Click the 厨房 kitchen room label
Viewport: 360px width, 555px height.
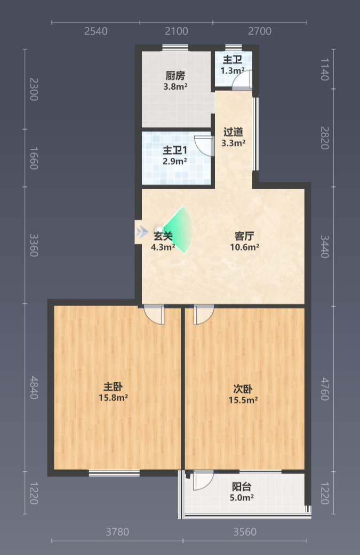pos(175,76)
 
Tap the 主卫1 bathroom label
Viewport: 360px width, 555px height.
pos(175,150)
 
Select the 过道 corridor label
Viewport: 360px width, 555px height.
pos(233,132)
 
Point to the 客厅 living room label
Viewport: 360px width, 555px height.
pos(244,236)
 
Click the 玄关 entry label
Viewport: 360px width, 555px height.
pos(163,236)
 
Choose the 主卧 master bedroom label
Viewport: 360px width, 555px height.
pos(113,387)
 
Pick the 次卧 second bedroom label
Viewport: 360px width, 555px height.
pos(243,389)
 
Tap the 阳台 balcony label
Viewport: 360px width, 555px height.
pos(242,487)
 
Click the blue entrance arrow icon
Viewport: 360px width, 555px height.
pos(142,232)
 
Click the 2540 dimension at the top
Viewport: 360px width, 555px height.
pos(96,31)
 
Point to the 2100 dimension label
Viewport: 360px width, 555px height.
pos(177,31)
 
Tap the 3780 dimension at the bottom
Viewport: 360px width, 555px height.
pos(117,532)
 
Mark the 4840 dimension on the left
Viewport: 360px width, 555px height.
pos(34,388)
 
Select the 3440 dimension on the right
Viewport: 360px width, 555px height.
pos(325,247)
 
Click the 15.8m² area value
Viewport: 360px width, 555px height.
pos(113,398)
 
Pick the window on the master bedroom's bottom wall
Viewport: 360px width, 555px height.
pos(114,473)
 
